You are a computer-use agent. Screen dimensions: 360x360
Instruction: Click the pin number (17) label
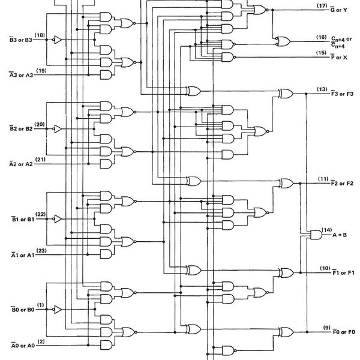point(322,5)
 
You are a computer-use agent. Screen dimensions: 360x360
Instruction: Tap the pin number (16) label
point(322,37)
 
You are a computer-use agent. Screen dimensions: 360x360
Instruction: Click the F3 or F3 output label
point(343,94)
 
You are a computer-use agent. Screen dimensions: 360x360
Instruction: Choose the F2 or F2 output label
point(343,182)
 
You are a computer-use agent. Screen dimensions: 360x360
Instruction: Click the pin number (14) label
point(326,229)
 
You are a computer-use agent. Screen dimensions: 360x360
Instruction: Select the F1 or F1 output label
point(343,272)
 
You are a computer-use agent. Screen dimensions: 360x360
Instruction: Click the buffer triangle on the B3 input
point(56,40)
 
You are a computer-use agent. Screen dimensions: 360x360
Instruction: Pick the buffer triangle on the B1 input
point(56,218)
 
